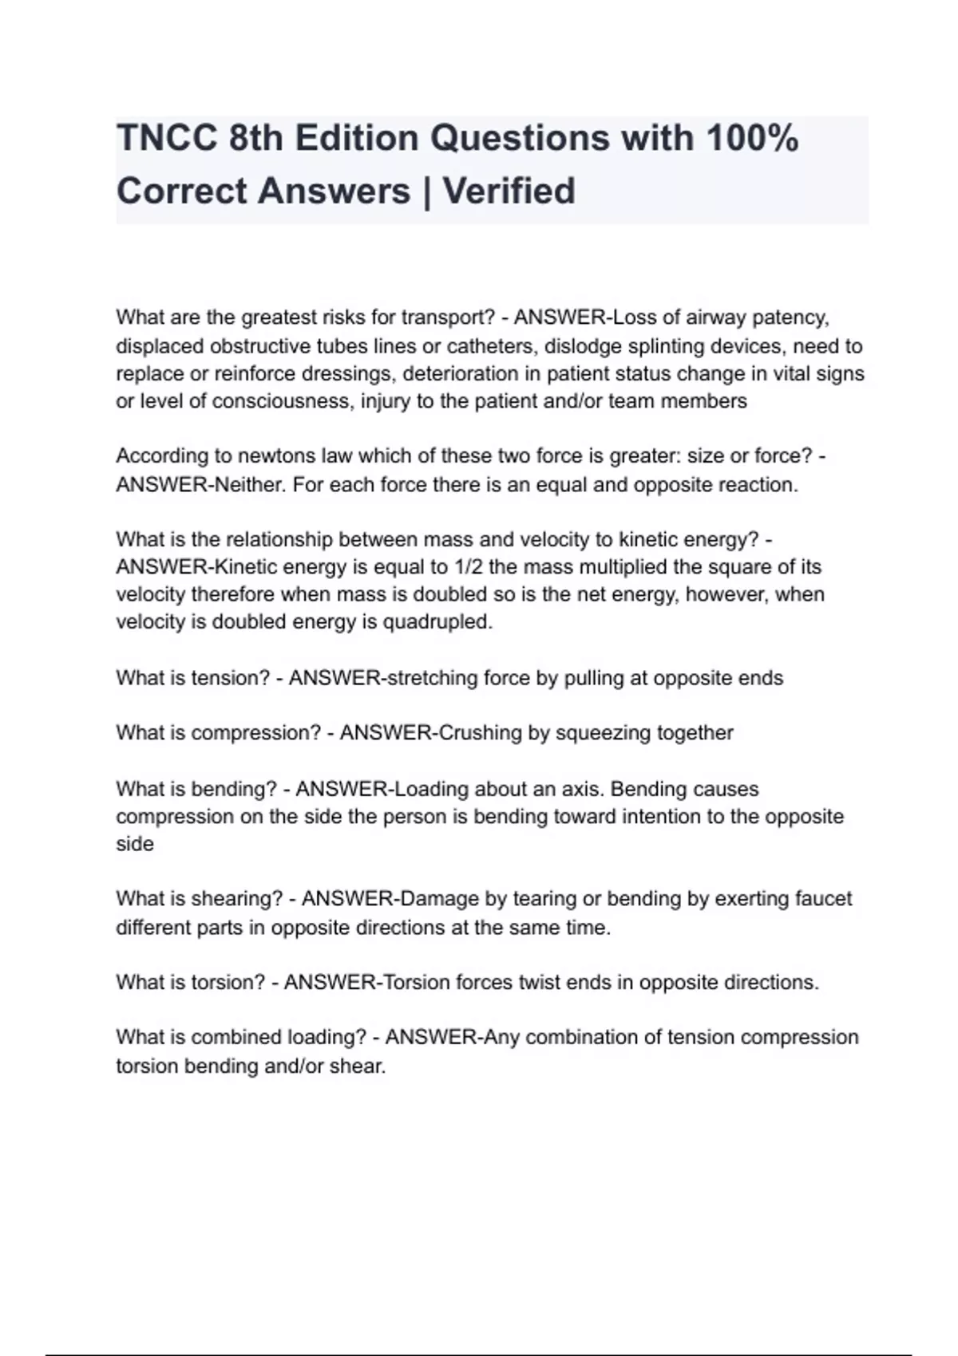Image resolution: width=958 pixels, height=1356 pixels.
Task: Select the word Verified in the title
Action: tap(509, 191)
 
